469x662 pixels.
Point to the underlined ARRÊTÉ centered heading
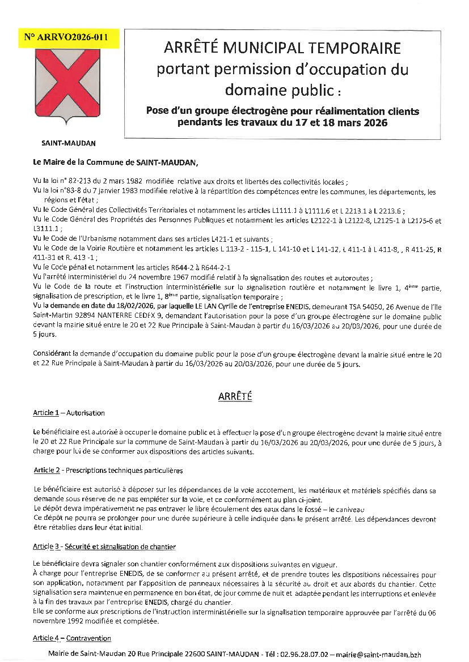pos(234,397)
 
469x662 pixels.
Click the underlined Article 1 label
pos(46,413)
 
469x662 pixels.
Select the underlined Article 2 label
pos(47,471)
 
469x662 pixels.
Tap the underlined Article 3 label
pos(46,547)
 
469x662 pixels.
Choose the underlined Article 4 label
pos(46,638)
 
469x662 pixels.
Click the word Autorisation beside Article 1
pos(86,413)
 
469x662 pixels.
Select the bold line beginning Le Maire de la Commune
pos(116,162)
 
